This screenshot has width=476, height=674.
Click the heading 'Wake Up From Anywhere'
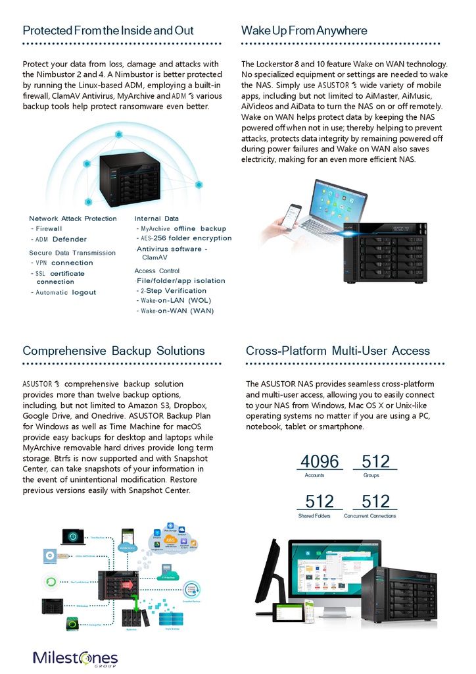click(x=304, y=31)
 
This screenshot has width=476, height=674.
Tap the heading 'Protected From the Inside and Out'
click(x=108, y=31)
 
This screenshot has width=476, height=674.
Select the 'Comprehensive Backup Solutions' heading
click(x=114, y=351)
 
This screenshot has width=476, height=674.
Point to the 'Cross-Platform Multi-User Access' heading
click(x=338, y=351)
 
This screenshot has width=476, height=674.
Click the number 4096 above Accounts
click(x=320, y=461)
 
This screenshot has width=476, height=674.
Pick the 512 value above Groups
click(x=375, y=461)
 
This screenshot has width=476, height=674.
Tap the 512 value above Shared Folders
click(x=320, y=502)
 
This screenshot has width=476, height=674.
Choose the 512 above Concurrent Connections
click(x=375, y=502)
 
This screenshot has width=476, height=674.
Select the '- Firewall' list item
click(x=46, y=228)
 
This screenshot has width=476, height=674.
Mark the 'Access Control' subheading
click(x=156, y=271)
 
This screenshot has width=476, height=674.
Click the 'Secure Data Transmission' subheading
click(x=72, y=253)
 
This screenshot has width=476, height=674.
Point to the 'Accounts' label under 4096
click(x=314, y=475)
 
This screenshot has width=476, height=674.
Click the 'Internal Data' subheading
click(x=156, y=219)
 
